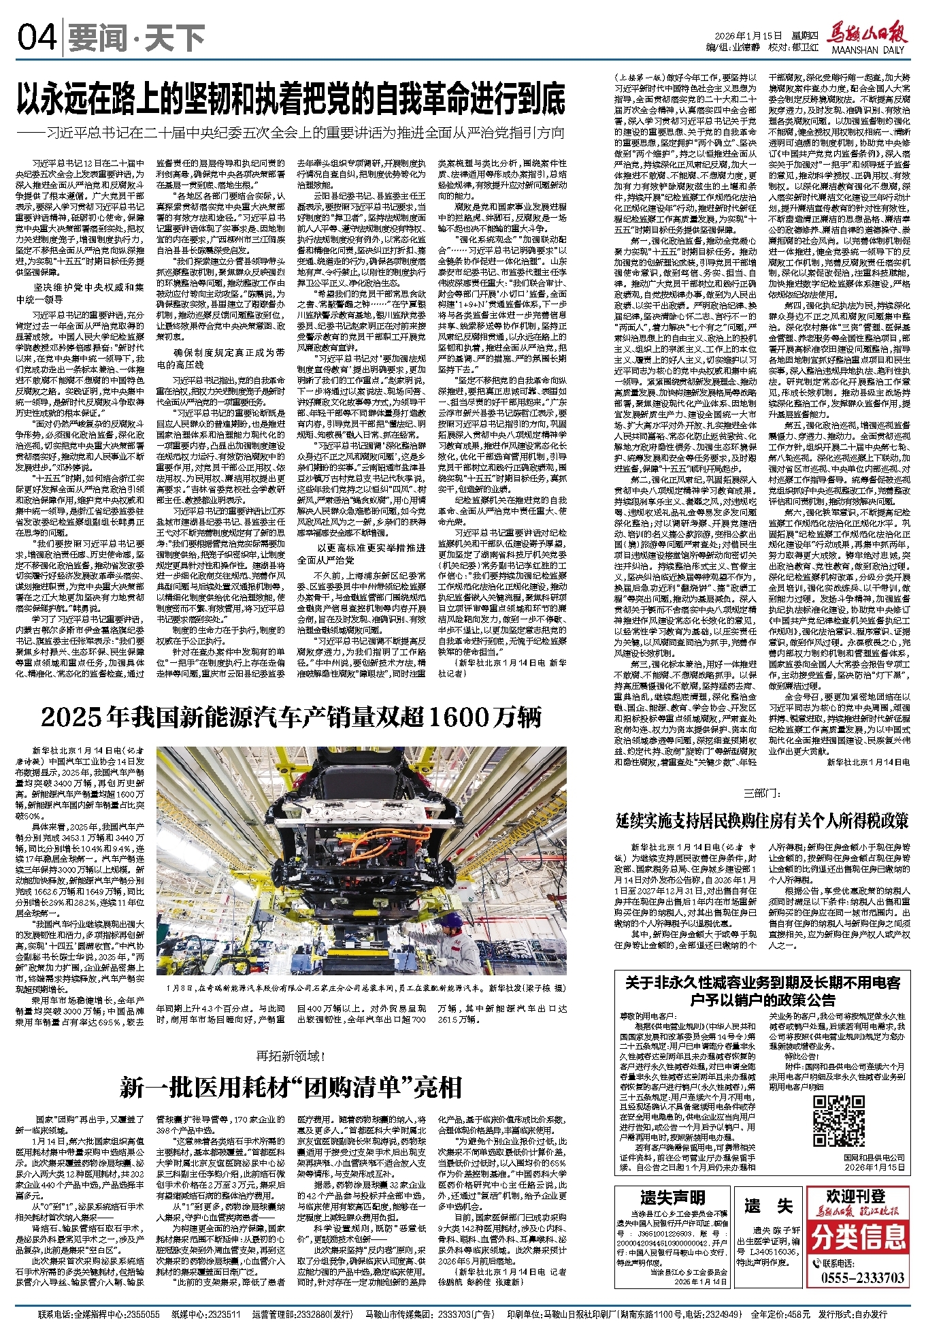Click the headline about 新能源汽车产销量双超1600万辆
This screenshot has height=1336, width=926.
(x=291, y=717)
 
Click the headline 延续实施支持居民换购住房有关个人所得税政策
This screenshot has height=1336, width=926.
(x=761, y=821)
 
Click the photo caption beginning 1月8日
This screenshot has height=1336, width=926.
(x=361, y=986)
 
